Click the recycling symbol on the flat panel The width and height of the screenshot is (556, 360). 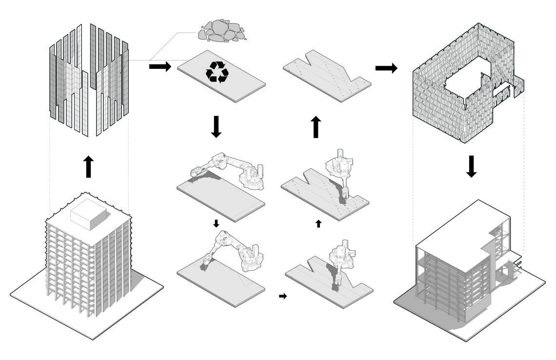(x=217, y=72)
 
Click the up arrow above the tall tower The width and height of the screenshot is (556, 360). (x=88, y=167)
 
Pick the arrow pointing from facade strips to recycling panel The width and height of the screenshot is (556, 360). (x=160, y=66)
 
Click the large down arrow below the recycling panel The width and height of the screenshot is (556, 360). (x=217, y=127)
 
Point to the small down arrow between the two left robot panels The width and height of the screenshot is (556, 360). (x=216, y=223)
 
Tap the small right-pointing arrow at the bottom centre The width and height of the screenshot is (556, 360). (x=283, y=296)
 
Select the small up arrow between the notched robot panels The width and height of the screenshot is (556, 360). (x=318, y=223)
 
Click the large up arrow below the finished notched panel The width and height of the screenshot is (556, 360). (x=316, y=127)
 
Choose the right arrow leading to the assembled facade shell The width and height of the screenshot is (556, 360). (x=386, y=68)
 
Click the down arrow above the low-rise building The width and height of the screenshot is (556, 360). (x=471, y=166)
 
